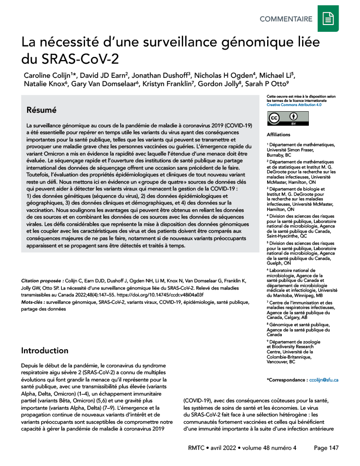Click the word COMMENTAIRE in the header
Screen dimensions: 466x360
tap(286, 19)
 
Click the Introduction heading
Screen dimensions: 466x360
tap(45, 350)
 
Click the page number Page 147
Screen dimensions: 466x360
tap(327, 448)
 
